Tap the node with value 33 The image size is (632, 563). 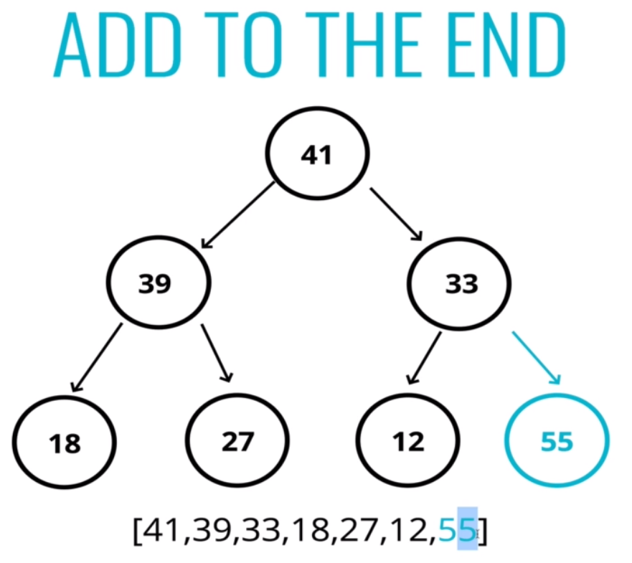coord(460,283)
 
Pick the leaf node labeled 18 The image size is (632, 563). coord(65,443)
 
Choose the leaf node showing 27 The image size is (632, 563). coord(237,441)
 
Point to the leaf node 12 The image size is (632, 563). coord(408,441)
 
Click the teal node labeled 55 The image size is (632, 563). coord(557,441)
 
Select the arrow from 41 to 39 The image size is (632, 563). coord(238,215)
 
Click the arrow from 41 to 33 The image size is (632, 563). coord(397,214)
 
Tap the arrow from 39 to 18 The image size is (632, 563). coord(97,358)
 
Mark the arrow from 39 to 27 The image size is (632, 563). coord(217,353)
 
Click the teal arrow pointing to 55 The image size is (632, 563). coord(537,358)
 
